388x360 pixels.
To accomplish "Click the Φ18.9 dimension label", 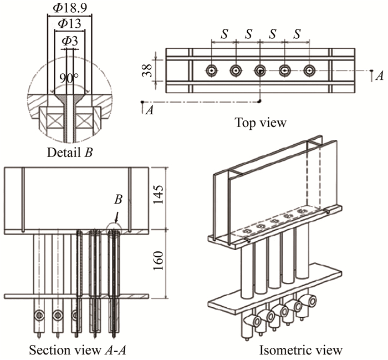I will (69, 8).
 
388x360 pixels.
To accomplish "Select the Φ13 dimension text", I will (69, 23).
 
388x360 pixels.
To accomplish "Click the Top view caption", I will (261, 122).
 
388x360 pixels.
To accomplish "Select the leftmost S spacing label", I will (224, 34).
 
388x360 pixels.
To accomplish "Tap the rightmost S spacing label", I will (298, 34).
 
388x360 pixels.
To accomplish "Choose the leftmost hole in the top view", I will (212, 70).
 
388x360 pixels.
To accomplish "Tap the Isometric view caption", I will (300, 349).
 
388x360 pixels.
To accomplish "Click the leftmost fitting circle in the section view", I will (38, 315).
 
